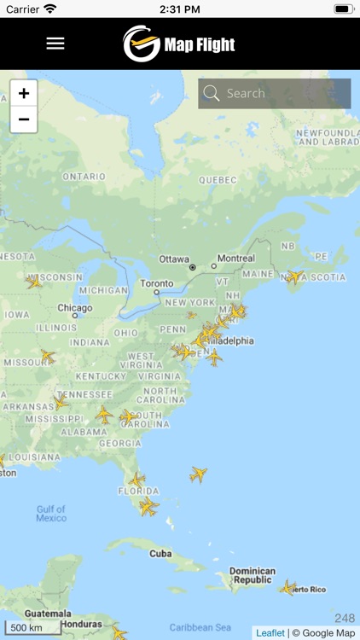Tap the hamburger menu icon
point(55,44)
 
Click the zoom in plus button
point(24,94)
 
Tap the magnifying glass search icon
point(212,94)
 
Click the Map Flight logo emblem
point(142,44)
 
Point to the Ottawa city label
point(175,258)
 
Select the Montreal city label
point(235,258)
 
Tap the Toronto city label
point(156,283)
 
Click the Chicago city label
point(75,307)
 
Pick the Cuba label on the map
point(161,553)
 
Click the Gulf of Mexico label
point(51,514)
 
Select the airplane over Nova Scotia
point(294,276)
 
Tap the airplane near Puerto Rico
point(289,587)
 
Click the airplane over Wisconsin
point(34,282)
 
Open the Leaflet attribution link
point(270,633)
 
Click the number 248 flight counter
point(345,618)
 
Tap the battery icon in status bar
point(343,9)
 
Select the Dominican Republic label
point(252,575)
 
